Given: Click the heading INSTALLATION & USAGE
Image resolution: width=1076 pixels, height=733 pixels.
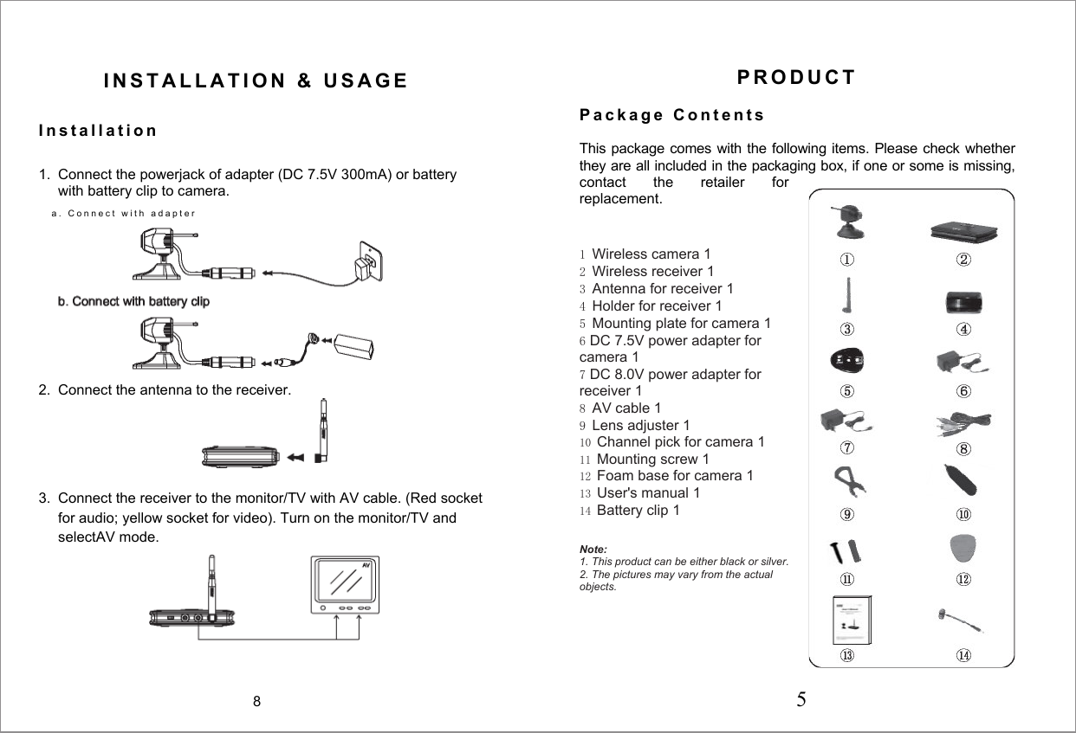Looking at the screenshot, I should (x=256, y=81).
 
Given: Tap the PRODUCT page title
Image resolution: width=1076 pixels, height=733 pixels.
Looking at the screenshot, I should (x=795, y=77).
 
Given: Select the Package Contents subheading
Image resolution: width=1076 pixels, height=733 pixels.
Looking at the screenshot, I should (x=671, y=115).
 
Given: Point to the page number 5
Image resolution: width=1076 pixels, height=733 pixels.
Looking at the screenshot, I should (x=801, y=698).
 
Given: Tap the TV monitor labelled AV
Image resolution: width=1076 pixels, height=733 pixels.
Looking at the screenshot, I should (x=347, y=585).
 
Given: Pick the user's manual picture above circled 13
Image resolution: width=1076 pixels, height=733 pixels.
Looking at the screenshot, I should (x=851, y=620).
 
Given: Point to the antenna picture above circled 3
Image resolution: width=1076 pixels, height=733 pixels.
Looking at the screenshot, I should (x=847, y=295).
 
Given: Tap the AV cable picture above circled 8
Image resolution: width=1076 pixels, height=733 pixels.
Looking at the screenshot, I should (x=964, y=423).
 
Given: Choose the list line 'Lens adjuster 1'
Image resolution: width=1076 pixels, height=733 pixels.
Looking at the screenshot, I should (x=640, y=425).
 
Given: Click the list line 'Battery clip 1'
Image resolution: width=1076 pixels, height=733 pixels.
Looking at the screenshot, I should (x=638, y=510).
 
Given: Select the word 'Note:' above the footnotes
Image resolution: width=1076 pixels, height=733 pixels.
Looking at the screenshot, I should (x=593, y=550).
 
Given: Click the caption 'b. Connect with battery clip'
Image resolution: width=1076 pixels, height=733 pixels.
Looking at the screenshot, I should (x=133, y=301).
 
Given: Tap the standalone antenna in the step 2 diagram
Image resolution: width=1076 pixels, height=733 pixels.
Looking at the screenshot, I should (x=323, y=430).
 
